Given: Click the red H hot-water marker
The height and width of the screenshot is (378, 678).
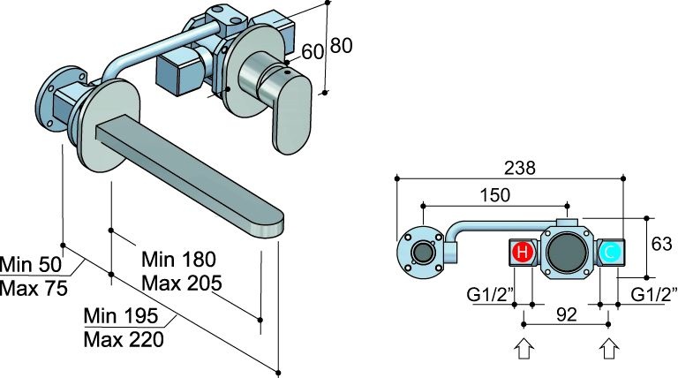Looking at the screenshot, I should point(522,255).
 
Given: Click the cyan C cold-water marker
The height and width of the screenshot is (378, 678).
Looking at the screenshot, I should point(611,255).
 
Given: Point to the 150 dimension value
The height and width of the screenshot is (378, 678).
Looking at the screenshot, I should point(495,194).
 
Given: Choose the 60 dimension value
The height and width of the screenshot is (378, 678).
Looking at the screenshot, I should point(313,51).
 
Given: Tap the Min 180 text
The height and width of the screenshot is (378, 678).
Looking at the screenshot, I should point(178,261).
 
